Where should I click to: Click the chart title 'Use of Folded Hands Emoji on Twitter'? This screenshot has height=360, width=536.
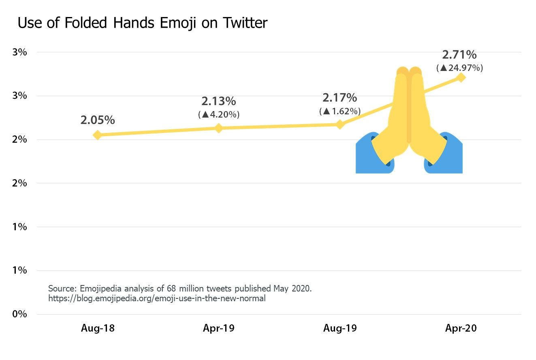coord(143,23)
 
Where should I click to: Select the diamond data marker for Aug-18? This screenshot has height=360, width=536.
coord(97,135)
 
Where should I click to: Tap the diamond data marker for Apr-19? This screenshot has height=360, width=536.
coord(218,128)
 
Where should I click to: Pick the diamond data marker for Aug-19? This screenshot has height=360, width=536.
coord(340,124)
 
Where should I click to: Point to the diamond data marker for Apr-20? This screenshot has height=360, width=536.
coord(461,77)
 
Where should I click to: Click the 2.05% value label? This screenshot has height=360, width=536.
coord(97,120)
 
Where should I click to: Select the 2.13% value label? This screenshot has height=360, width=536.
coord(218,101)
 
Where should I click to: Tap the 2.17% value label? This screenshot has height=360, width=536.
coord(340,98)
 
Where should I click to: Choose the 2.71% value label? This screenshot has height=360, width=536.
coord(459,54)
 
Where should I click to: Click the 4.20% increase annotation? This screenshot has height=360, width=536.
coord(219,115)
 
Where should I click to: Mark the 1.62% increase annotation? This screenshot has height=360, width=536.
coord(340,111)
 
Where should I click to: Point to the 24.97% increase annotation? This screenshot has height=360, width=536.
coord(459,68)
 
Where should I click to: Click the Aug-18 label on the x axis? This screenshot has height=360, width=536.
coord(98,328)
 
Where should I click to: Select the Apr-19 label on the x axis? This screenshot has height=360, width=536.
coord(219,328)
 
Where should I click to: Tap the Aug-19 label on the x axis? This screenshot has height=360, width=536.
coord(340,328)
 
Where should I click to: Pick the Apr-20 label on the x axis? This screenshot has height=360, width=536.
coord(461,328)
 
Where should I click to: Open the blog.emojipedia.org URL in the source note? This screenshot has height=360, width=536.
coord(157,299)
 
